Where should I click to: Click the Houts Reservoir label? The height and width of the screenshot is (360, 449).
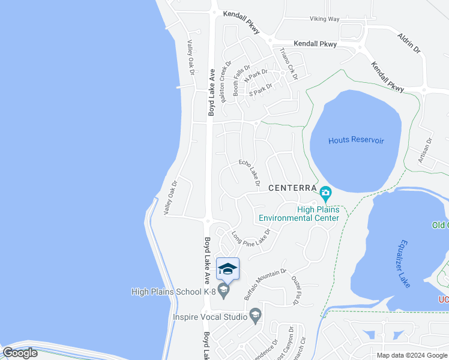tap(355, 140)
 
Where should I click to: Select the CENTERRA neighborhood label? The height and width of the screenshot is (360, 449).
tap(292, 188)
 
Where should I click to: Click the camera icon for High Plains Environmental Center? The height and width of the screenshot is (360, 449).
tap(325, 193)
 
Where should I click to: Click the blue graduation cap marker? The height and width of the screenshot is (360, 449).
tap(228, 269)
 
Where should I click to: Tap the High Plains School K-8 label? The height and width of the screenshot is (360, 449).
tap(173, 292)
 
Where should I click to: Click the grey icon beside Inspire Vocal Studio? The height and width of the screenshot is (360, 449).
tap(255, 316)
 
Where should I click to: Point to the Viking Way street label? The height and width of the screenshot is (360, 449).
tap(325, 19)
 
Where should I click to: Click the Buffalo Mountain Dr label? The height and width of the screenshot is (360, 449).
tap(265, 284)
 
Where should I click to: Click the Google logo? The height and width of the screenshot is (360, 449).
tap(20, 353)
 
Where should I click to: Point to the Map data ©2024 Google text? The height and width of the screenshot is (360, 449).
tap(412, 355)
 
